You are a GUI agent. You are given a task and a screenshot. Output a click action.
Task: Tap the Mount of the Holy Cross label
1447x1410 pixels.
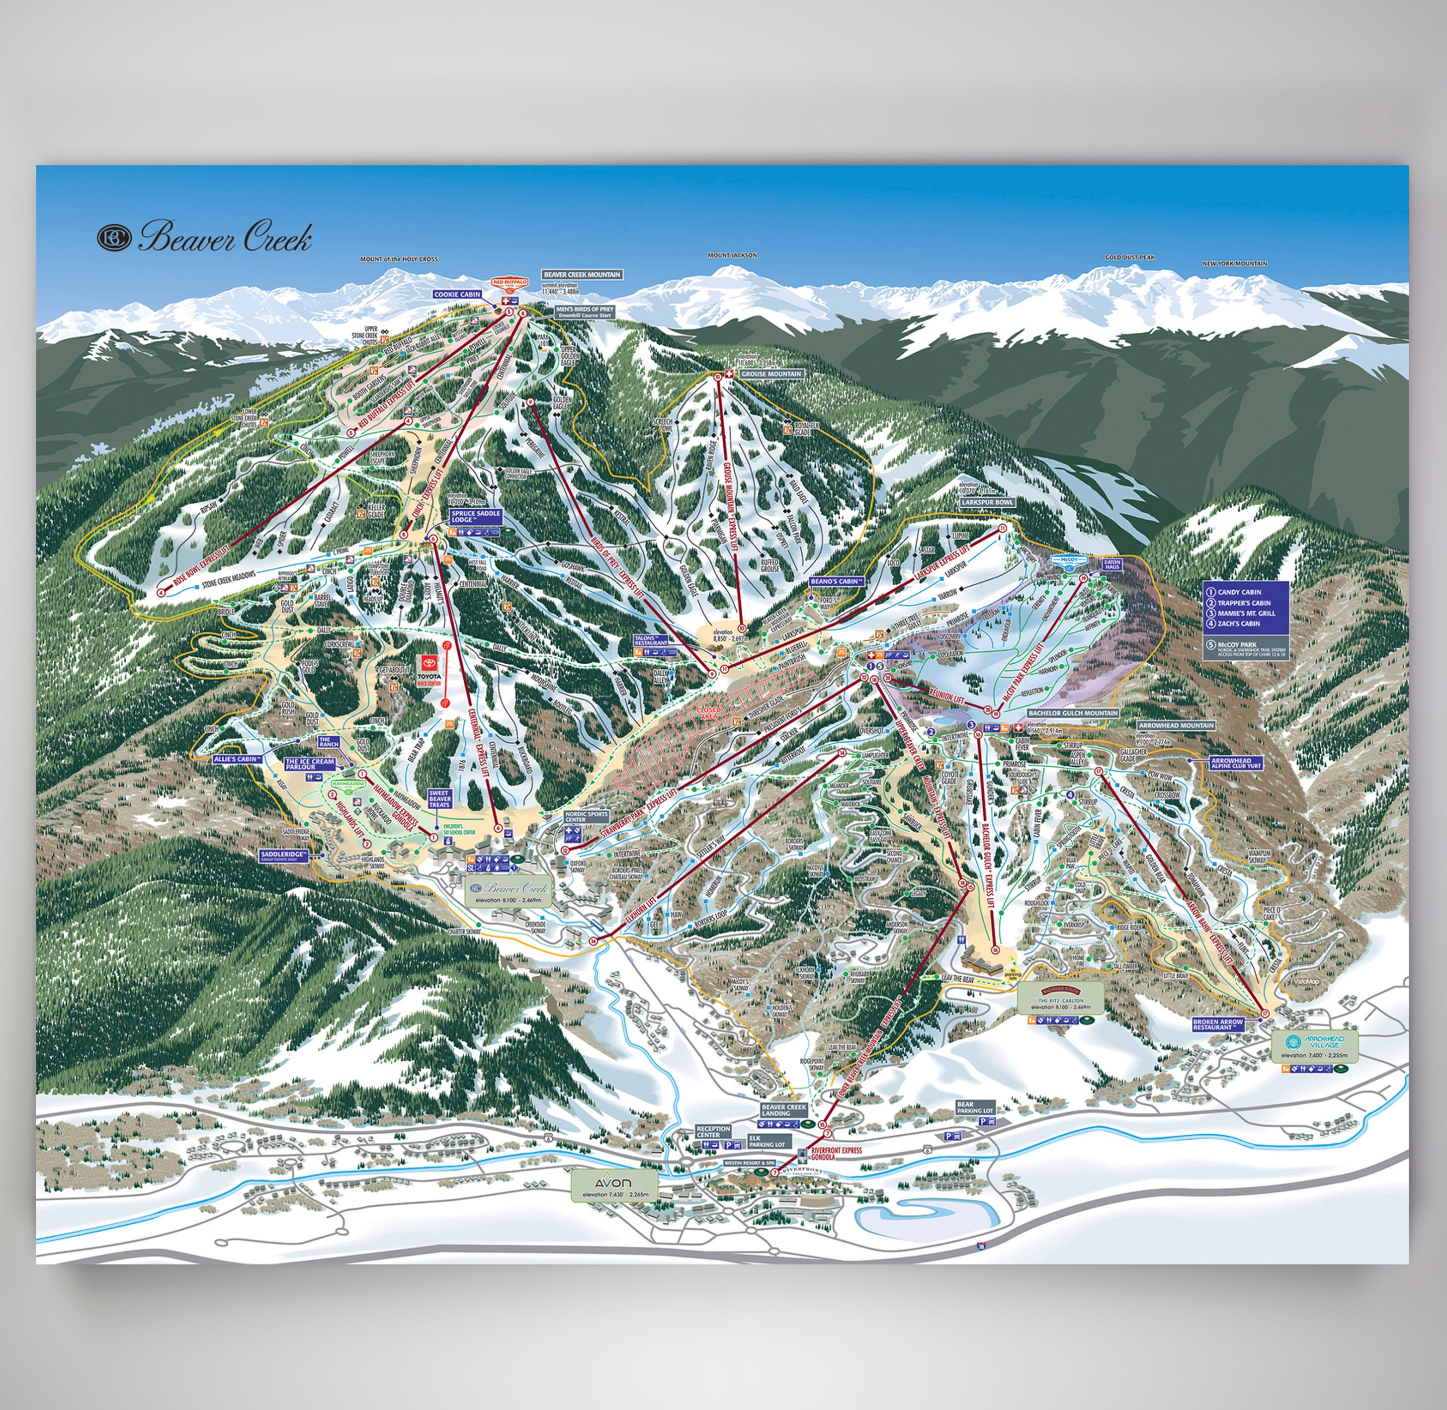click(x=399, y=259)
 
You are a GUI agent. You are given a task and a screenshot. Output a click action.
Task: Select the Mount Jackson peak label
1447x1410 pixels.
click(x=732, y=255)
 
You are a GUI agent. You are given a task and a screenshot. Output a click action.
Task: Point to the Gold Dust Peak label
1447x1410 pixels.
click(x=1129, y=258)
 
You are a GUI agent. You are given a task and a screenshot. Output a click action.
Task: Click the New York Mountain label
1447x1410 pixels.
click(x=1234, y=264)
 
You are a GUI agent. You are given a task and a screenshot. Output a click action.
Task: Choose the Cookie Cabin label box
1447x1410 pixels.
click(x=457, y=295)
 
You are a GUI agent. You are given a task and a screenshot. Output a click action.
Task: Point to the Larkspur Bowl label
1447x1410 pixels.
click(x=988, y=502)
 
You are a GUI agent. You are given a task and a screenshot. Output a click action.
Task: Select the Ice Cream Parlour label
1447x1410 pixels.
click(x=310, y=764)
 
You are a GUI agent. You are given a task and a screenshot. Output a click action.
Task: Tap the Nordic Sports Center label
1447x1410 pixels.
click(x=586, y=817)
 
